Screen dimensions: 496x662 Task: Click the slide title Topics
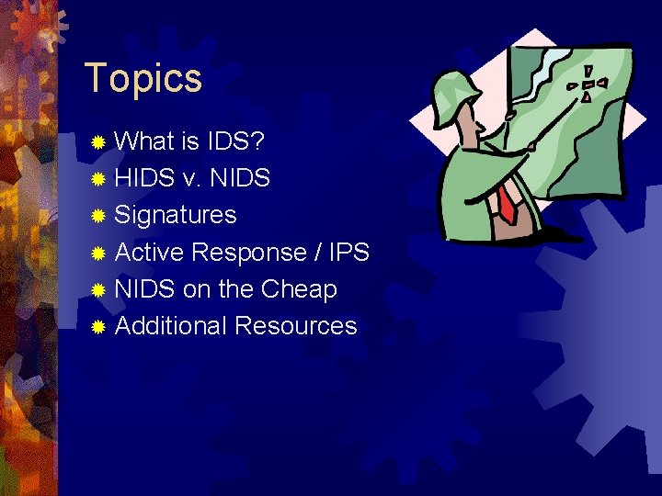[x=143, y=79]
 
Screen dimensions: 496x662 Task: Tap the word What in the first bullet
[x=145, y=141]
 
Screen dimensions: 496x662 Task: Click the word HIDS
[x=145, y=178]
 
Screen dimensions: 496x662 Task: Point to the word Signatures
[x=175, y=215]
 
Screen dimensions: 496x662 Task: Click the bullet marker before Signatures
[x=99, y=216]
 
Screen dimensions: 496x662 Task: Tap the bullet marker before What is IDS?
[x=99, y=142]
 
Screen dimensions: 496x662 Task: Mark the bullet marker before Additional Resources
[x=99, y=326]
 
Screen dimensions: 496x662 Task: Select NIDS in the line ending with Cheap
[x=145, y=288]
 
